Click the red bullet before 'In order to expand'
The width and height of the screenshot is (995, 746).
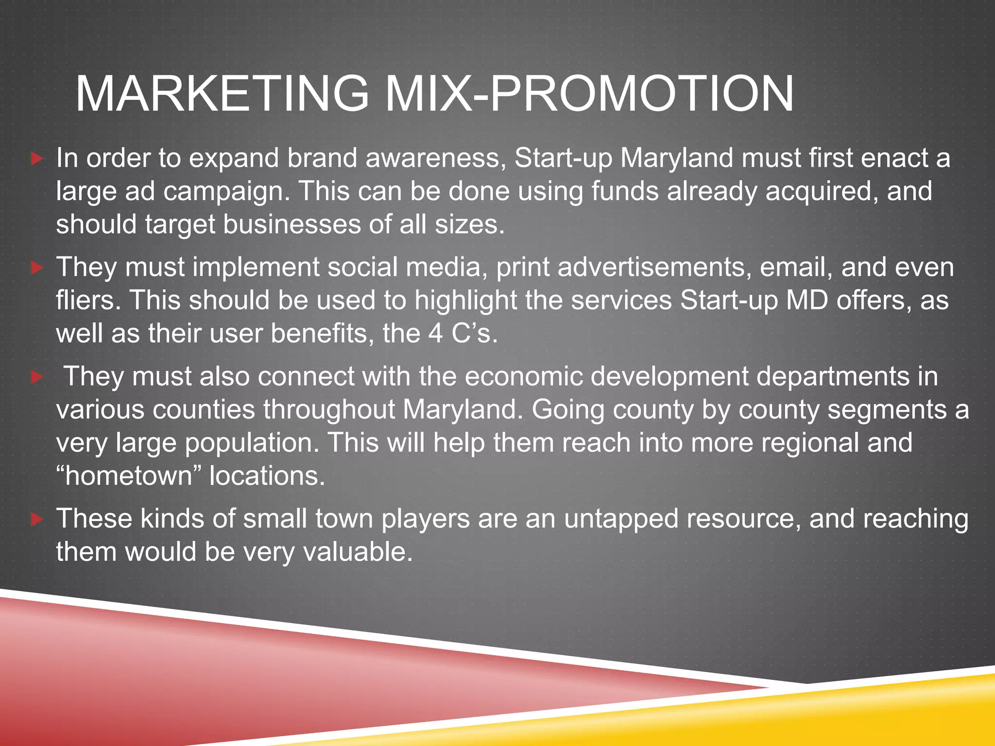[x=37, y=159]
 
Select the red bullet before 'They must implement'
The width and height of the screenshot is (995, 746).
[x=37, y=268]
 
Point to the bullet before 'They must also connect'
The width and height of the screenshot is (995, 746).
[x=37, y=377]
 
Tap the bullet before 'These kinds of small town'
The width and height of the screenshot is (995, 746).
[x=37, y=519]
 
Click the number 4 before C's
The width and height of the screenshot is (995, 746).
[x=435, y=334]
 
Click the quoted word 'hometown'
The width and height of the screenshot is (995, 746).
[x=129, y=475]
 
